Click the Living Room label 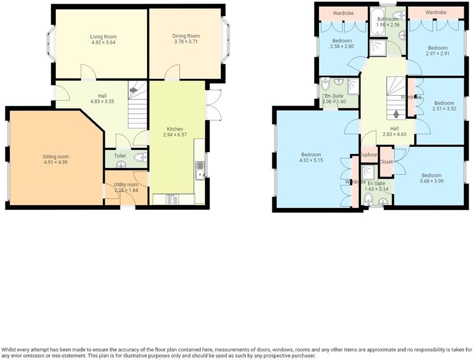pos(103,37)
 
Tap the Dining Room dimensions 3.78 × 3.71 pos(186,42)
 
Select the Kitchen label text pos(175,129)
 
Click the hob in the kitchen pos(173,199)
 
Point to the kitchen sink pos(200,171)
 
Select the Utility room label pos(126,185)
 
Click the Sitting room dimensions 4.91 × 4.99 pos(55,162)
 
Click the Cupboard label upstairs pos(369,155)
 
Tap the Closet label pos(386,162)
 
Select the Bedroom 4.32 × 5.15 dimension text pos(311,160)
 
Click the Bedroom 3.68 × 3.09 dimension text pos(432,181)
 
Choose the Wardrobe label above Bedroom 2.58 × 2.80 pos(343,13)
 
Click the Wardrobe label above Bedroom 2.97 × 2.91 pos(436,12)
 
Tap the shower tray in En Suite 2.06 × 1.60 pos(353,87)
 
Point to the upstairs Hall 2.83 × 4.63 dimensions pos(394,135)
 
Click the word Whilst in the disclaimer pos(8,350)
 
